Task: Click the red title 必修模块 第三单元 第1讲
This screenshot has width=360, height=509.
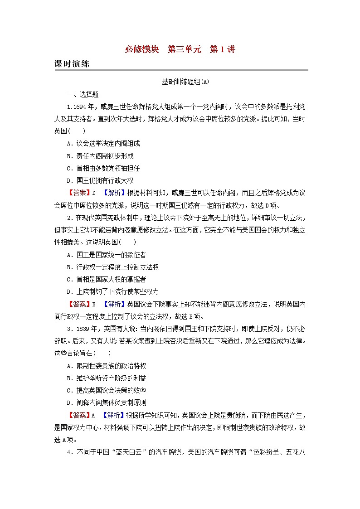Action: coord(180,49)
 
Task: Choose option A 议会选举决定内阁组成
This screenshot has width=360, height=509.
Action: coord(103,144)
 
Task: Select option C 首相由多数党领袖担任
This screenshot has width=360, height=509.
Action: coord(103,168)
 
